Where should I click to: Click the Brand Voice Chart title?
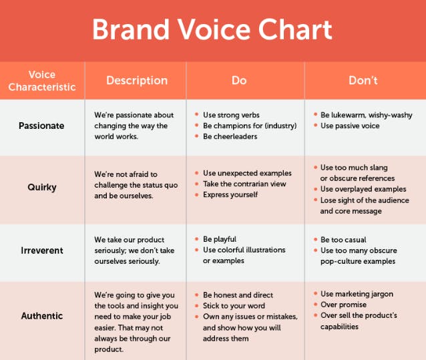pos(212,29)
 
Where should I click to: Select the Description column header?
pos(137,80)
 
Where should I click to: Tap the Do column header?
pos(239,80)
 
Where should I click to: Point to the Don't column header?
pos(363,80)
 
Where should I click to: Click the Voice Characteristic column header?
pos(42,81)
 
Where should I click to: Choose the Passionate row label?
pos(41,126)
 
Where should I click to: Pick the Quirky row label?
pos(42,188)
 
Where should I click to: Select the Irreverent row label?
pos(42,250)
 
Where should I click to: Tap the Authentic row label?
pos(42,316)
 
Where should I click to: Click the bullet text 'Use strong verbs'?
pos(231,115)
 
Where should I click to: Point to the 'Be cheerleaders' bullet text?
pos(230,136)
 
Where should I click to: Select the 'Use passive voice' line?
pos(350,126)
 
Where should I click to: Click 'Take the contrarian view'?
pos(244,184)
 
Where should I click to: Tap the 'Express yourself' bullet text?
pos(230,195)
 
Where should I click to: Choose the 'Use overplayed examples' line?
pos(363,189)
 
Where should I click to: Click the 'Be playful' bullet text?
pos(220,239)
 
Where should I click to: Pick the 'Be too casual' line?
pos(343,240)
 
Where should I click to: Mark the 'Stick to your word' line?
pos(234,306)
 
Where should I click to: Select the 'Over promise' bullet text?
pos(343,305)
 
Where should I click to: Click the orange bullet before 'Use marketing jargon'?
pos(315,293)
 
